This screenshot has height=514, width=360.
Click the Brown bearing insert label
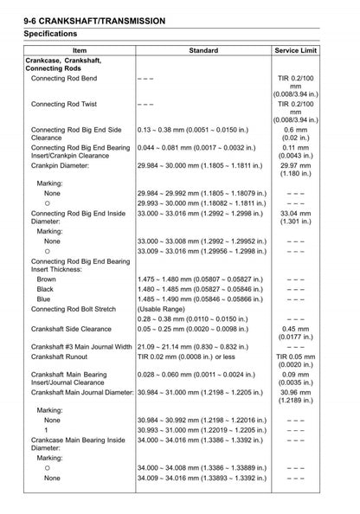coord(46,279)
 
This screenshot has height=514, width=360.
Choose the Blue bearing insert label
coord(43,299)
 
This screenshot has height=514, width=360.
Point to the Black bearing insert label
coord(45,289)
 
